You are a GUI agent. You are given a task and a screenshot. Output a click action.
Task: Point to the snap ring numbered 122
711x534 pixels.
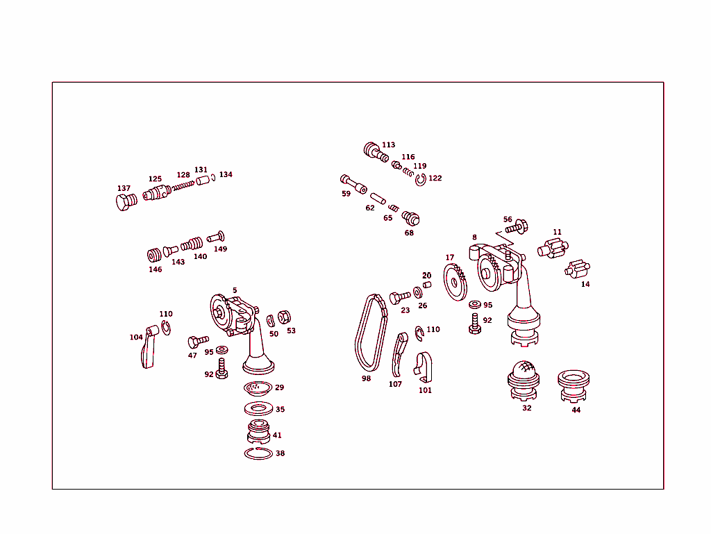coord(421,181)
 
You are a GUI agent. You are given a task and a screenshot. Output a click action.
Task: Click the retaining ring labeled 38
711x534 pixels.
coord(258,453)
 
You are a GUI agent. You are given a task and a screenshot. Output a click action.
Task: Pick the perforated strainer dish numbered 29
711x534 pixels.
coord(258,387)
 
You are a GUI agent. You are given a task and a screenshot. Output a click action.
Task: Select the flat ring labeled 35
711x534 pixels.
coord(258,409)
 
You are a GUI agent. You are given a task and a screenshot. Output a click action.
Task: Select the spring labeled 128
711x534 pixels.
coord(183,185)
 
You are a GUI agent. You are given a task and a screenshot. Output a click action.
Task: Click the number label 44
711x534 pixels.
coord(576,410)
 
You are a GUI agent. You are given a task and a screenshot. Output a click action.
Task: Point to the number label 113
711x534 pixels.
coord(388,145)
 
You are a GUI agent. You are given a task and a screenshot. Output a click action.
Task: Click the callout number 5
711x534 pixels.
coord(235,290)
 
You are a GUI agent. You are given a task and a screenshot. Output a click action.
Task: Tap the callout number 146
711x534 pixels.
coord(155,269)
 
